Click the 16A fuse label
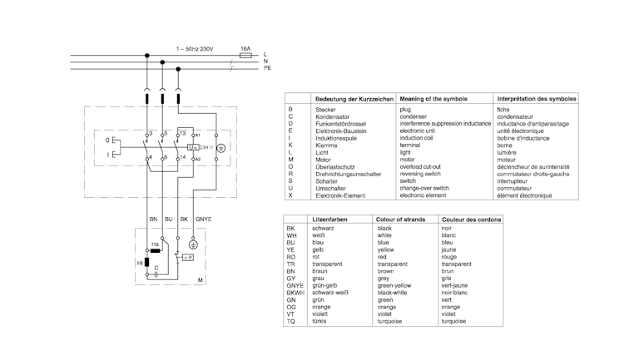[245, 49]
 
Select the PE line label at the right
[267, 67]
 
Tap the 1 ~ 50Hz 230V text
[195, 49]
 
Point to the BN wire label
[153, 218]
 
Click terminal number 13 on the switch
[182, 132]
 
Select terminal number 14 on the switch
[182, 157]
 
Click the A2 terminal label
[197, 158]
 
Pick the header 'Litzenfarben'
[329, 219]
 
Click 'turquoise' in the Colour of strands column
[392, 321]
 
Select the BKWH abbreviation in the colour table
[295, 293]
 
